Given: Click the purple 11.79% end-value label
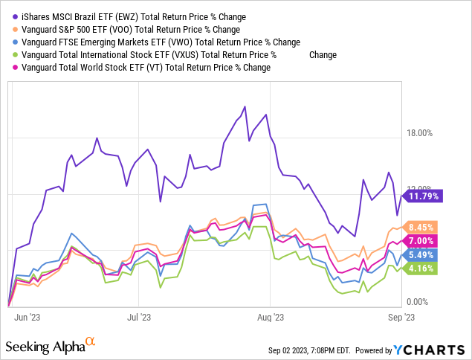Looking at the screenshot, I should [423, 196].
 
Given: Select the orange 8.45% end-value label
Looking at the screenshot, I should [423, 228].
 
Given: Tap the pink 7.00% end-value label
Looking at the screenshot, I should [423, 241].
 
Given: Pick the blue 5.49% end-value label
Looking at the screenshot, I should [423, 254].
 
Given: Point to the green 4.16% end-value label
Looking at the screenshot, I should [423, 268].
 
